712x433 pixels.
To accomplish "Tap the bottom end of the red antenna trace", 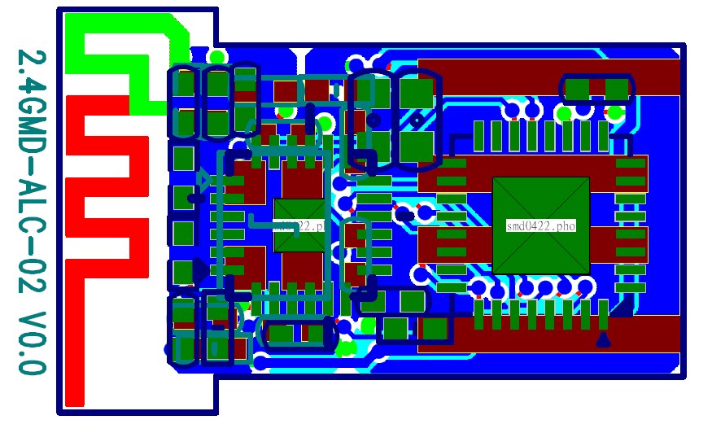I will pyautogui.click(x=75, y=395).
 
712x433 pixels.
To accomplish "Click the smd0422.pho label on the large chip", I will pyautogui.click(x=540, y=226).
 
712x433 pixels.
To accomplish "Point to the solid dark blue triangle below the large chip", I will pyautogui.click(x=603, y=340).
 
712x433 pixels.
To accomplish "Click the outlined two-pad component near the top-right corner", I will pyautogui.click(x=598, y=87).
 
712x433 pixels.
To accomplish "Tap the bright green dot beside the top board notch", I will pyautogui.click(x=216, y=57).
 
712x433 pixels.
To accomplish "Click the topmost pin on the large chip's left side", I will pyautogui.click(x=451, y=164).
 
